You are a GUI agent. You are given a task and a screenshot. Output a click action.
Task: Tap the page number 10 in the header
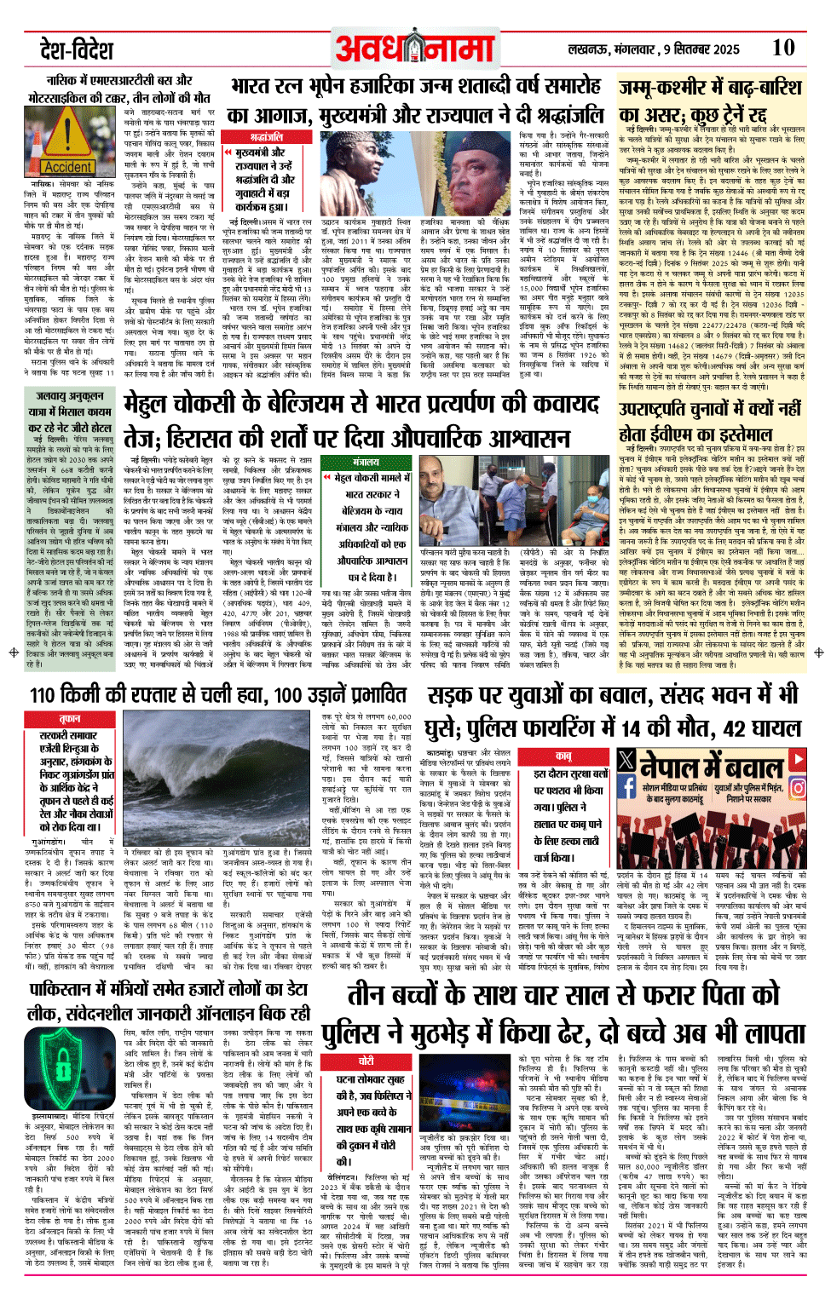point(783,48)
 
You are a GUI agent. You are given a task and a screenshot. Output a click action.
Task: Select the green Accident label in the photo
point(68,167)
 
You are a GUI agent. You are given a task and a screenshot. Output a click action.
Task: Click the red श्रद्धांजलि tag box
point(267,137)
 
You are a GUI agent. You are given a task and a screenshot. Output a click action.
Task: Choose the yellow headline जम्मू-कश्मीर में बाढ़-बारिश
point(709,89)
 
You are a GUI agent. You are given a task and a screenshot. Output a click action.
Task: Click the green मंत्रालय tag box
point(366,463)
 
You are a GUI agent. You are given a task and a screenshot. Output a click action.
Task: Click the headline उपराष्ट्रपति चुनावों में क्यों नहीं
point(709,410)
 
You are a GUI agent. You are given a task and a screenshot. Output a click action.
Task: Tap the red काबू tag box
point(563,756)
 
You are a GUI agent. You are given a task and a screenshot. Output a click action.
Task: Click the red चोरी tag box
point(366,1061)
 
